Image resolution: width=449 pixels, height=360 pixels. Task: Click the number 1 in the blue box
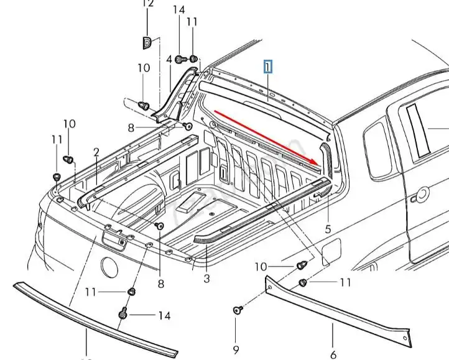[x=268, y=67]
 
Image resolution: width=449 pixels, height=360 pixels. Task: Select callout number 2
[x=96, y=152]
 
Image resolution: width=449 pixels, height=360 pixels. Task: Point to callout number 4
[x=169, y=60]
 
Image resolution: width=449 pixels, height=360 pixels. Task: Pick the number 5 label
[x=328, y=229]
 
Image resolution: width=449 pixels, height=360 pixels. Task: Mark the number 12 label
[x=147, y=4]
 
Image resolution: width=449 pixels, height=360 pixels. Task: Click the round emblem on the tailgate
[x=110, y=268]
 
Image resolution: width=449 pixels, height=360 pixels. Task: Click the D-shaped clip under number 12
[x=147, y=42]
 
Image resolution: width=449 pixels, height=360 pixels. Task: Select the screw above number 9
[x=236, y=309]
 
